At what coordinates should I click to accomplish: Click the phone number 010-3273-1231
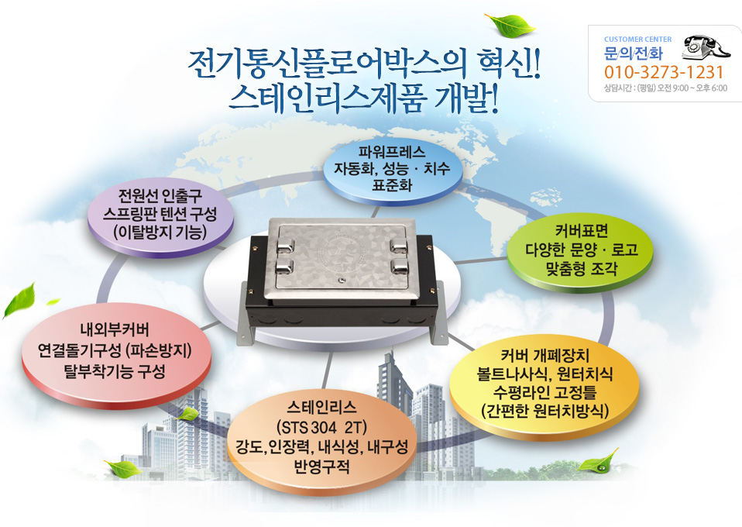tap(664, 72)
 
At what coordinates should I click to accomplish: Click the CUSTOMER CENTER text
tap(637, 40)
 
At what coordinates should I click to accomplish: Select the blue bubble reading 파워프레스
tap(392, 169)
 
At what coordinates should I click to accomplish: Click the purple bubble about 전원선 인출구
tap(160, 216)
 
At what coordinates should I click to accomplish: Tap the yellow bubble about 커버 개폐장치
tap(544, 386)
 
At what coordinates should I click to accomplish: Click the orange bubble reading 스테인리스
tap(321, 438)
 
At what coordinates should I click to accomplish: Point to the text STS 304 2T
tap(321, 428)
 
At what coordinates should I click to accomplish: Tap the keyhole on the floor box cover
tap(339, 280)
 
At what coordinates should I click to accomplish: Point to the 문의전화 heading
tap(634, 53)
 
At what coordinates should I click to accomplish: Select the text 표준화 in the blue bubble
tap(392, 185)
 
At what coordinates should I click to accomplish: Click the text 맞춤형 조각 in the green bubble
tap(582, 270)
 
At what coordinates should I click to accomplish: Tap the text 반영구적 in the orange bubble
tap(321, 467)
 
